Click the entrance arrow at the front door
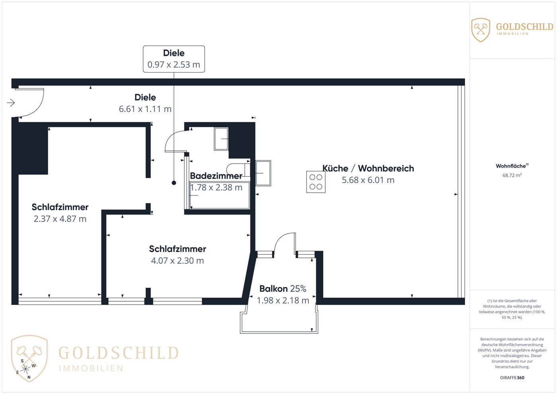click(11, 103)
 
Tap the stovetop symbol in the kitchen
click(316, 182)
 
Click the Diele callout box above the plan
click(174, 59)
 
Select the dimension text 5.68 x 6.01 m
click(368, 180)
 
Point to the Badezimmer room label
click(216, 176)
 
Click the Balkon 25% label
click(283, 289)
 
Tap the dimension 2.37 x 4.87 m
click(60, 219)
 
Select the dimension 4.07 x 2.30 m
click(178, 261)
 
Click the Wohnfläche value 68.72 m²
click(512, 175)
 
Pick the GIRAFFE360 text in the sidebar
click(512, 378)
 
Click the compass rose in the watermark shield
click(25, 369)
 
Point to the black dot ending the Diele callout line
click(174, 183)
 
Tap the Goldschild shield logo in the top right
click(481, 30)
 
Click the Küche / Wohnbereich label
click(368, 168)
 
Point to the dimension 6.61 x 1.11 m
click(145, 109)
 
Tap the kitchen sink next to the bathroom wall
click(263, 173)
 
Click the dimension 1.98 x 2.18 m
click(283, 300)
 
